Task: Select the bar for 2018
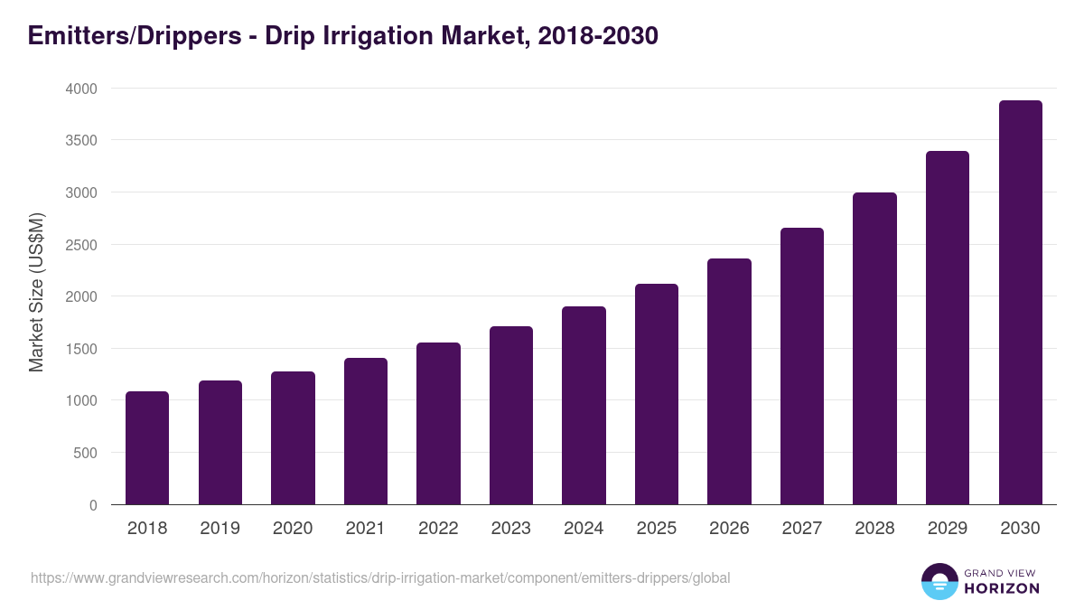[147, 448]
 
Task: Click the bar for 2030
[1020, 303]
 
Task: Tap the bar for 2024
[584, 406]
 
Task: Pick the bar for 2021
[366, 431]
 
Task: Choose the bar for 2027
[802, 366]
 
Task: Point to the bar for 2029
[948, 328]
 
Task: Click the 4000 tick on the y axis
[80, 89]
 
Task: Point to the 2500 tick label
[80, 245]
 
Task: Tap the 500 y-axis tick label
[85, 453]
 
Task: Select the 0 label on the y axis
[92, 505]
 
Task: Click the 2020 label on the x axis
[293, 529]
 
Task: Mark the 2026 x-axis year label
[729, 529]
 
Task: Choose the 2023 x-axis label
[511, 529]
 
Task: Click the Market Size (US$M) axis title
[36, 291]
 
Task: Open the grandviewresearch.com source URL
[380, 577]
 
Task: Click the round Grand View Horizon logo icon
[939, 581]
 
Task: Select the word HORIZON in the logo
[1002, 588]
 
